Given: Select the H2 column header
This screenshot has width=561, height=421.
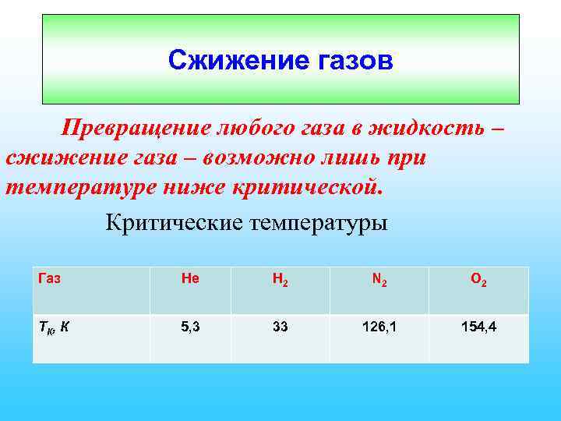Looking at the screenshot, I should point(280,280).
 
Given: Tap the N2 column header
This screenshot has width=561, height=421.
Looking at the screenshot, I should point(379,280).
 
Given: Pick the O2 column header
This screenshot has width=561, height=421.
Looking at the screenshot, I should point(479,280).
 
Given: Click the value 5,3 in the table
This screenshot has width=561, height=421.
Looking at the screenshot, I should point(190,327).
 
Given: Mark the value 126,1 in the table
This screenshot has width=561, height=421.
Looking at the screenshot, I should point(379,327).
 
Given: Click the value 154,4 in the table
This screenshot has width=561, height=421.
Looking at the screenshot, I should point(479,327).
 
